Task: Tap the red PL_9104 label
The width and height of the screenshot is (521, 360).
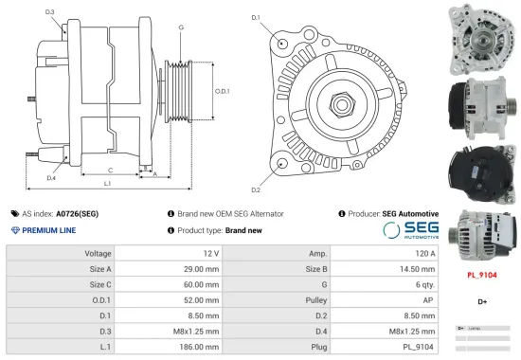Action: click(483, 275)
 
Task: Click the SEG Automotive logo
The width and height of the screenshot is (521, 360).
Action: click(411, 230)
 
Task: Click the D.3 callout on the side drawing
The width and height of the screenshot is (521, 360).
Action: click(49, 12)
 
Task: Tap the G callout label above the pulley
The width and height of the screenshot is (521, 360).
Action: click(181, 27)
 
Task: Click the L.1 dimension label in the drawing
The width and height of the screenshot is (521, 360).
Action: click(107, 182)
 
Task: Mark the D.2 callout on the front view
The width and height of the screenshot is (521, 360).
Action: click(256, 176)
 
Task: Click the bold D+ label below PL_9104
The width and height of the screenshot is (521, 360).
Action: click(482, 301)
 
